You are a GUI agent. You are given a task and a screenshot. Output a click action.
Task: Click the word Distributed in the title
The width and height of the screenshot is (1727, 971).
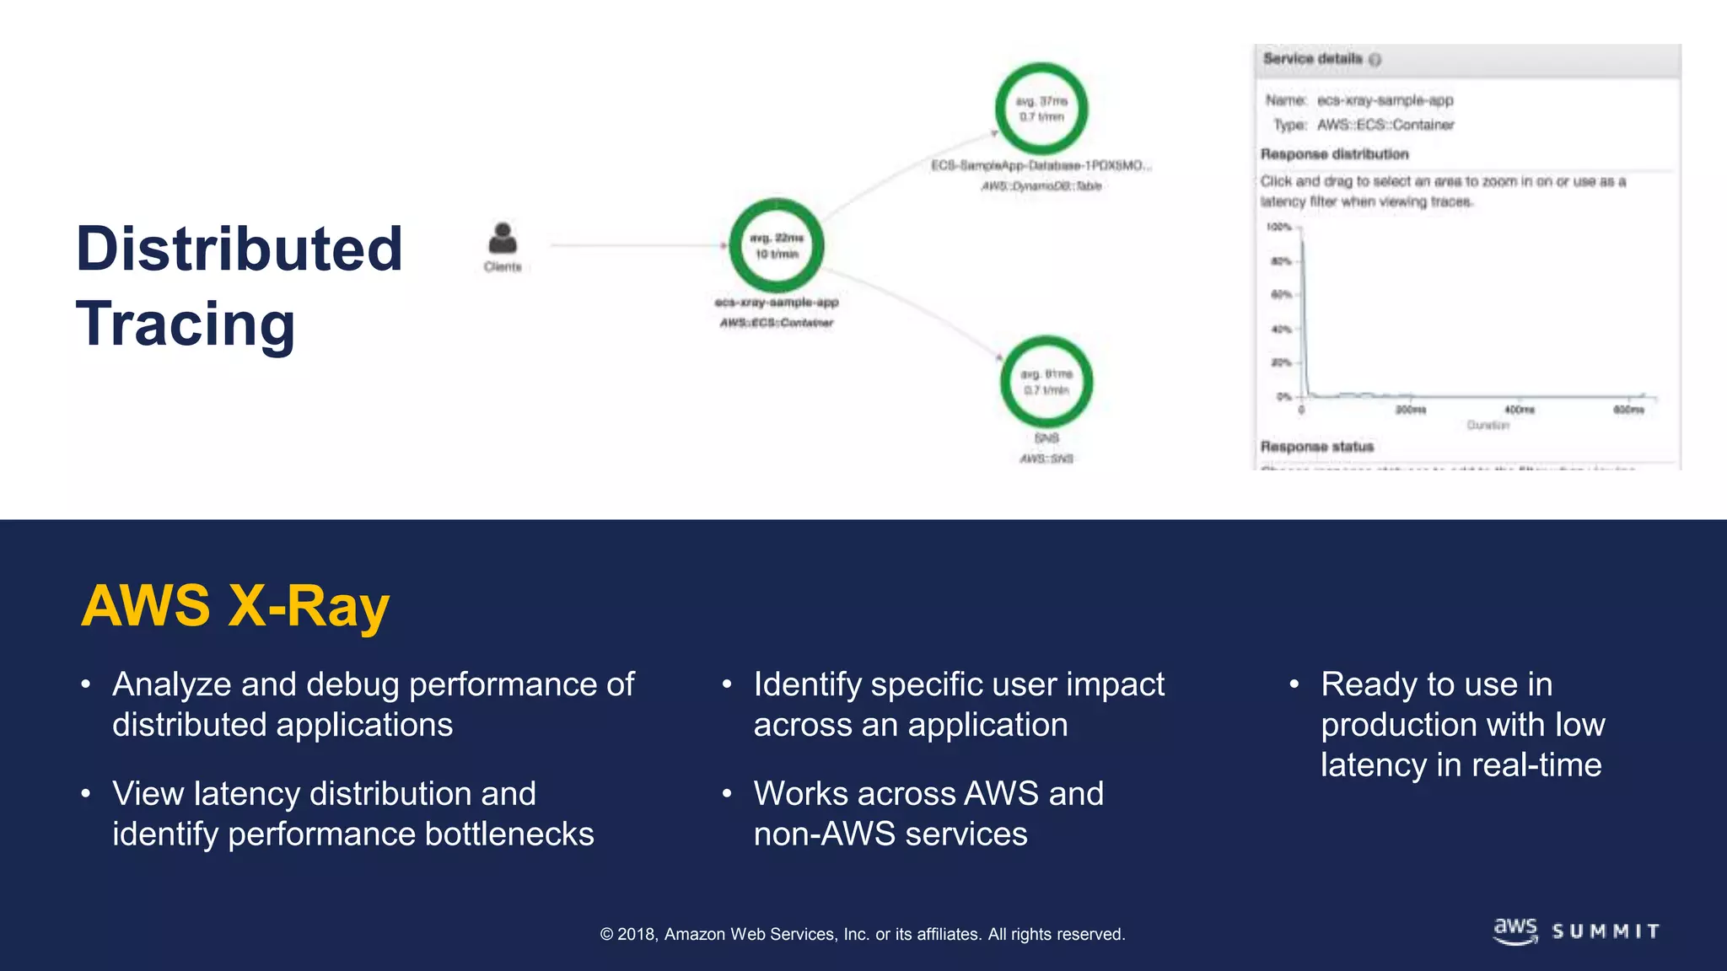[239, 249]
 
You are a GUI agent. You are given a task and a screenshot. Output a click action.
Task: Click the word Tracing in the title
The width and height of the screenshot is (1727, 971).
[186, 325]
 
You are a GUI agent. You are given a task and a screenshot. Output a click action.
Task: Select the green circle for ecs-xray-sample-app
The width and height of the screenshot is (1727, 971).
[777, 245]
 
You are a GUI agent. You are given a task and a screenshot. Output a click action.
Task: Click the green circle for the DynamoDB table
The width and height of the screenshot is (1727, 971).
[1041, 109]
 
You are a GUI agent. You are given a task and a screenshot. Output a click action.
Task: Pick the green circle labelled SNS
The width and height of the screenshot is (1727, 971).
[1046, 382]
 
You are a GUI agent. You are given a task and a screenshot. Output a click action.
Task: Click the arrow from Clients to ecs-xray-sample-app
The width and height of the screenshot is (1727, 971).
[638, 245]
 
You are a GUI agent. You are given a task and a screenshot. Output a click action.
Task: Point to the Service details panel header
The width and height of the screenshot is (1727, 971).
[1313, 59]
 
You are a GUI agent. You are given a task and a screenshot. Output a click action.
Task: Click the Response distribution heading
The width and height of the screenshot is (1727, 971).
[1334, 154]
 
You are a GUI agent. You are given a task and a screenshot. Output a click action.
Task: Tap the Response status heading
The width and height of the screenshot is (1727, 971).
[1316, 447]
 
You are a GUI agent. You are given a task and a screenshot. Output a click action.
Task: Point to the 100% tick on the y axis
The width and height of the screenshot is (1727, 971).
[1279, 228]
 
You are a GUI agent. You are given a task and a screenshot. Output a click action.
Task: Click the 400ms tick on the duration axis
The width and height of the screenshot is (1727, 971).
[1520, 410]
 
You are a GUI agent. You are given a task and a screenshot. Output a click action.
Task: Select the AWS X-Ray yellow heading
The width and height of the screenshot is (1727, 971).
[235, 605]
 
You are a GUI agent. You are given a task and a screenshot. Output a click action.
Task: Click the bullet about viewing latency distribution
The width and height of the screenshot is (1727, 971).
[352, 813]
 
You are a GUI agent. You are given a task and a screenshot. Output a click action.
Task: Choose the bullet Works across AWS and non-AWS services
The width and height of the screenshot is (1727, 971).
[928, 813]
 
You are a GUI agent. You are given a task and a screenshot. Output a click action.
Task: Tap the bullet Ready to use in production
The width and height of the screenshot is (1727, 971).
[1462, 724]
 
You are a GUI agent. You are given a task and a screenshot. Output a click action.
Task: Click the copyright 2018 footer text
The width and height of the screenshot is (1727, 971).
[862, 934]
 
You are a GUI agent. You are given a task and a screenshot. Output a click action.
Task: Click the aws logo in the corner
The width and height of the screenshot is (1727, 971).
[1515, 931]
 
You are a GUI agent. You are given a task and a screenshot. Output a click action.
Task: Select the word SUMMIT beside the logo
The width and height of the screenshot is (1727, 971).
[1606, 931]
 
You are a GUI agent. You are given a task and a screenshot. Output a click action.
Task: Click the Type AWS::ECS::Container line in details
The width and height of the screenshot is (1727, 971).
[1364, 125]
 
